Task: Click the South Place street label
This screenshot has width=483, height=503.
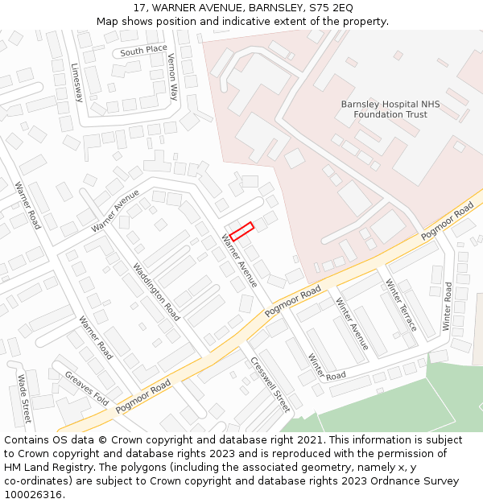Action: click(144, 52)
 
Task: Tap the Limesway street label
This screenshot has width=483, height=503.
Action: click(77, 83)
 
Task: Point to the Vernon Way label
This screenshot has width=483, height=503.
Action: click(172, 76)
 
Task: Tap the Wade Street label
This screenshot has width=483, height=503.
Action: click(24, 399)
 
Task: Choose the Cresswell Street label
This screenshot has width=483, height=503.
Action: click(270, 384)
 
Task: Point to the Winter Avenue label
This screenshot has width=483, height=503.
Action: click(352, 324)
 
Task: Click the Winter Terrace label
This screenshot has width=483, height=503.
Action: click(401, 305)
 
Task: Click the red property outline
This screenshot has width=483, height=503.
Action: click(242, 231)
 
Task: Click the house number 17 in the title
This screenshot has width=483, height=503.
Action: click(139, 7)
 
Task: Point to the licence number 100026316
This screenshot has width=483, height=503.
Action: click(34, 495)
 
